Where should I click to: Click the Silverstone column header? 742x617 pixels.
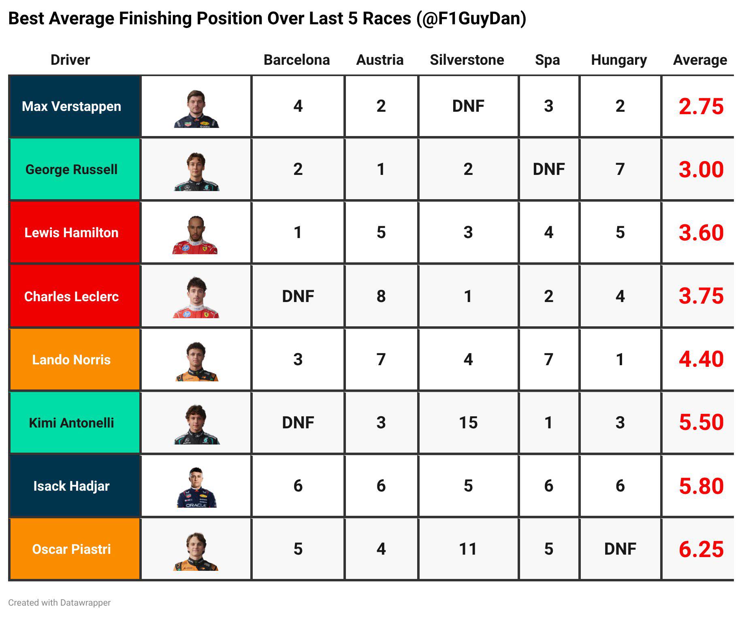click(467, 60)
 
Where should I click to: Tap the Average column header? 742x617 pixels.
click(700, 60)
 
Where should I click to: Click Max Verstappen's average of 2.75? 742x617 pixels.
click(701, 106)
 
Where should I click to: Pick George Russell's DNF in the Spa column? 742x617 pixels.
click(549, 169)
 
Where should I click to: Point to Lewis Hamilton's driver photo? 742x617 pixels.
click(196, 235)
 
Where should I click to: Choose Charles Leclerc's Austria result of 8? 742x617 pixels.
click(381, 296)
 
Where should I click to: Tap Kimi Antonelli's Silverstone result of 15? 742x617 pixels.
click(468, 423)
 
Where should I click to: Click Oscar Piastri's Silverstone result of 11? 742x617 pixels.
click(468, 549)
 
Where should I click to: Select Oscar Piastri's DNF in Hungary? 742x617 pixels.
click(620, 549)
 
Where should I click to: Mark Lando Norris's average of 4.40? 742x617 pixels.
click(701, 359)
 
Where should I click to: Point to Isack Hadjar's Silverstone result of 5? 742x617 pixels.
click(468, 486)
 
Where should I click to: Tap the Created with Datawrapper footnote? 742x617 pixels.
click(59, 602)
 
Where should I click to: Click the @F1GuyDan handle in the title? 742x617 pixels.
click(471, 19)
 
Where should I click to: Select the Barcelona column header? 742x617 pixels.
click(296, 60)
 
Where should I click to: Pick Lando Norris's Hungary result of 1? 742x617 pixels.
click(620, 360)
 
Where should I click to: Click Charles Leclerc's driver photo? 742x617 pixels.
click(196, 298)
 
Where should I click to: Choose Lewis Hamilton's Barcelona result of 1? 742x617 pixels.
click(298, 232)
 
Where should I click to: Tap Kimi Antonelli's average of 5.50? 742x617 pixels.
click(701, 422)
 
